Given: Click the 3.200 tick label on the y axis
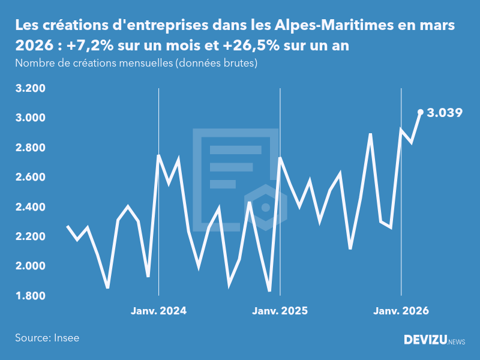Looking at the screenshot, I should tap(30, 89).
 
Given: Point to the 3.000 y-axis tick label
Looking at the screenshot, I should tap(30, 118).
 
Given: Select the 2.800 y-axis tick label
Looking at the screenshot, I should tap(30, 148).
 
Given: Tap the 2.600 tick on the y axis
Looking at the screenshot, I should tap(30, 178).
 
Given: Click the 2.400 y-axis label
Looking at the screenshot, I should tap(30, 207).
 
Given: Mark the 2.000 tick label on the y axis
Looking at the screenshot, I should tap(30, 266).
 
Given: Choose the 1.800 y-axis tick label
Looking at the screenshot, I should tap(30, 296).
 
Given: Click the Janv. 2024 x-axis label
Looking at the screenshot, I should tap(158, 311).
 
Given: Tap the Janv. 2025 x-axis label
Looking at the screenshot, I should tap(280, 311).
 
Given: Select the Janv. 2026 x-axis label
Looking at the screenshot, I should tap(401, 311).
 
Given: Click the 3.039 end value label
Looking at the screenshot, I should tap(445, 112).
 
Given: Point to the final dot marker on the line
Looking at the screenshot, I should tap(421, 112).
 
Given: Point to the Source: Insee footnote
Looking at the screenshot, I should tap(47, 338).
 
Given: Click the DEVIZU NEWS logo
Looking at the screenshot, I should tap(434, 340).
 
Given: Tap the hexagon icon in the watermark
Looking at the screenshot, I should tap(265, 207).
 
